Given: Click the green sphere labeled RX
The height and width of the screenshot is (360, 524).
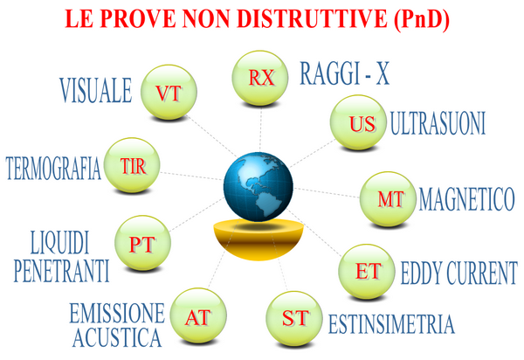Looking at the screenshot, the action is (260, 78).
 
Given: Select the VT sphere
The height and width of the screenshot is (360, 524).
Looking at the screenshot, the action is (169, 93).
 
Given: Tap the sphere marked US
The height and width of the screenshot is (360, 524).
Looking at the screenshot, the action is (358, 122).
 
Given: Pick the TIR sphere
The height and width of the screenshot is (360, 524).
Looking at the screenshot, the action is (132, 165).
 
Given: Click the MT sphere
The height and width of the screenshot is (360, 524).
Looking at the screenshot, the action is (388, 199).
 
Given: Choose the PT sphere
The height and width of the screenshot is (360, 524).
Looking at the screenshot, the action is (142, 243).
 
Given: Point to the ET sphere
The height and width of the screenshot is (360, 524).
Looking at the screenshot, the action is (367, 272).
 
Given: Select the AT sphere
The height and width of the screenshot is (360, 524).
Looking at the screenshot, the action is (198, 315).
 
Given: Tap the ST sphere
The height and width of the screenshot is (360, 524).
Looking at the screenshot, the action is (294, 319).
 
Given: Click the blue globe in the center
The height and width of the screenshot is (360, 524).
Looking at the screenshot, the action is (259, 186).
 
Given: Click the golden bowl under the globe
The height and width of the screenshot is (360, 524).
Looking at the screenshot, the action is (258, 239).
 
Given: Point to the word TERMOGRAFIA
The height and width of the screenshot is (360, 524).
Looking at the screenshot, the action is (53, 169).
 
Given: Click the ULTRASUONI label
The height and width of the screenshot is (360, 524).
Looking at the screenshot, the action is (438, 124).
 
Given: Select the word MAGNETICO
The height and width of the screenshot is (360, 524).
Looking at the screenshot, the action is (466, 199).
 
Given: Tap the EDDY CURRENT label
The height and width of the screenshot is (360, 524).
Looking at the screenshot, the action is (459, 273).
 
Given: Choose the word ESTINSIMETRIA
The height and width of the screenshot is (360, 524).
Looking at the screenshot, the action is (391, 324).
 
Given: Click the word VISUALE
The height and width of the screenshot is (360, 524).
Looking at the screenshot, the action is (96, 90).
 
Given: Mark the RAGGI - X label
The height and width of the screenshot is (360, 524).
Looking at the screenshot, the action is (345, 73).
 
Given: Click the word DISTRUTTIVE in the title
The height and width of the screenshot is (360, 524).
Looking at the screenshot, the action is (312, 18).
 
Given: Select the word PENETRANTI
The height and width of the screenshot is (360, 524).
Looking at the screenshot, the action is (61, 271).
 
